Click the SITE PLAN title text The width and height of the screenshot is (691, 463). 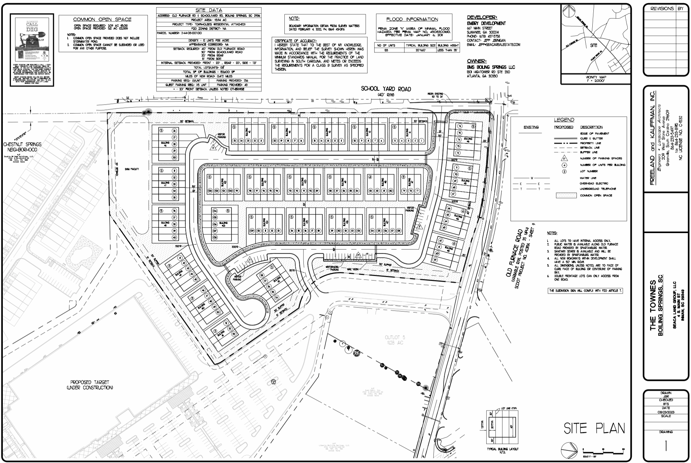pyautogui.click(x=594, y=428)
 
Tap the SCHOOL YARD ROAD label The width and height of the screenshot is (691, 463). pyautogui.click(x=385, y=89)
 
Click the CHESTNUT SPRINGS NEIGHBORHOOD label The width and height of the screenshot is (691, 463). pyautogui.click(x=22, y=147)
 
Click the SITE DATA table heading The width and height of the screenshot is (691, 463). pyautogui.click(x=209, y=10)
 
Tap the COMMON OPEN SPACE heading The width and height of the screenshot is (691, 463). pyautogui.click(x=102, y=20)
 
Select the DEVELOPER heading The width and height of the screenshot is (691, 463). pyautogui.click(x=482, y=17)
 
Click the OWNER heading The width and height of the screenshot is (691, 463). pyautogui.click(x=477, y=61)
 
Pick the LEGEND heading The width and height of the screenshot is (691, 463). pyautogui.click(x=564, y=120)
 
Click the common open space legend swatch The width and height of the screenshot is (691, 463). pyautogui.click(x=566, y=195)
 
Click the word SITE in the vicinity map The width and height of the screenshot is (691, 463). pyautogui.click(x=593, y=45)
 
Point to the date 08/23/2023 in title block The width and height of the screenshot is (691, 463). pyautogui.click(x=666, y=412)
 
